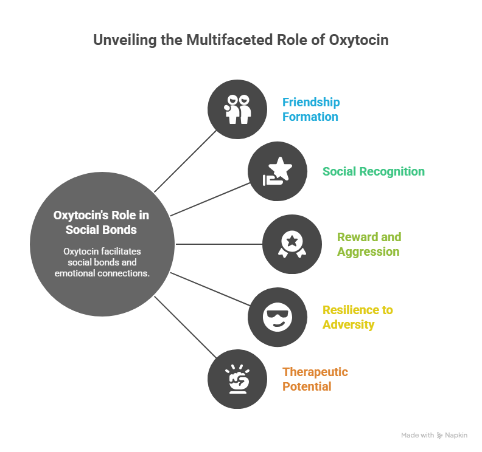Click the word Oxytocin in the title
(x=358, y=40)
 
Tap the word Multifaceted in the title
(x=229, y=40)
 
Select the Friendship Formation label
(x=311, y=109)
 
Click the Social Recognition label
(x=374, y=171)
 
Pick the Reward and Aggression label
(x=369, y=244)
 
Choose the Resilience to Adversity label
(x=357, y=317)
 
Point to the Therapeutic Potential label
(x=315, y=379)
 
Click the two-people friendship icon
(x=237, y=109)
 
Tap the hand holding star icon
(x=278, y=171)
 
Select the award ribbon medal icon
(x=292, y=244)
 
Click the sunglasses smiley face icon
(x=278, y=317)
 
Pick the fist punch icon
(x=237, y=379)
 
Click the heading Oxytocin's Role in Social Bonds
(x=101, y=222)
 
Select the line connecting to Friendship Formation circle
(x=186, y=162)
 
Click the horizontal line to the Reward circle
(x=218, y=244)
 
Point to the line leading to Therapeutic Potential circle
(x=186, y=327)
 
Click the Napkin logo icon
(x=439, y=436)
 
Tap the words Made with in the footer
(x=417, y=435)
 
